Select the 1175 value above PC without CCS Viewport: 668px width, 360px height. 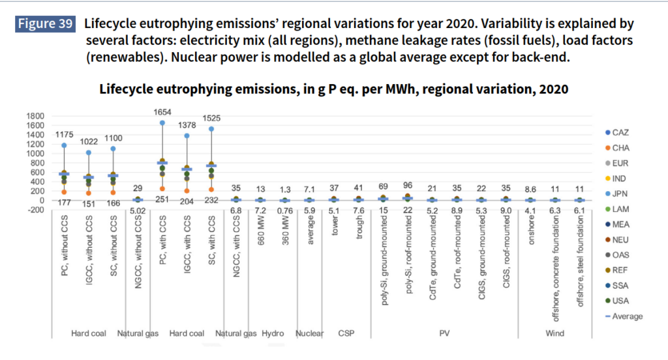pos(63,135)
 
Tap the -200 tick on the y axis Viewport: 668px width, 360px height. pos(35,210)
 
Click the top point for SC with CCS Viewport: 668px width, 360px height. pos(211,129)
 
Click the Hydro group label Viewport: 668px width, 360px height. pos(273,333)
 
